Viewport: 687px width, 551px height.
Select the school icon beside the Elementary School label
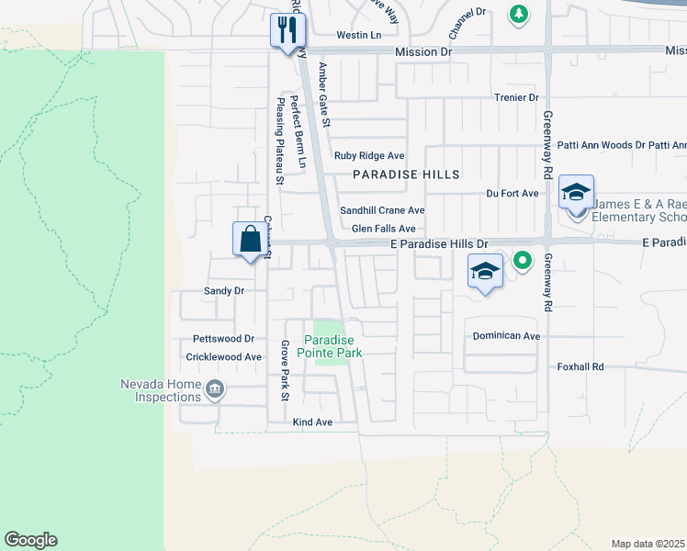[576, 192]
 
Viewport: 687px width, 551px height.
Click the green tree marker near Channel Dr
[519, 14]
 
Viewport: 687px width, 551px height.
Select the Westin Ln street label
[358, 35]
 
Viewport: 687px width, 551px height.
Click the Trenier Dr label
[516, 97]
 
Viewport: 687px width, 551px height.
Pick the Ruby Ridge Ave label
[369, 156]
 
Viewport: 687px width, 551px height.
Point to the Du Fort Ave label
[512, 194]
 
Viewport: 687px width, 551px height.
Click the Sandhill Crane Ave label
[382, 210]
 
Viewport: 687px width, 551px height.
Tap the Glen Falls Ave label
[383, 229]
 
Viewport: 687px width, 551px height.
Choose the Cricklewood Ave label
[224, 356]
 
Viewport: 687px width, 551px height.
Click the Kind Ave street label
[311, 422]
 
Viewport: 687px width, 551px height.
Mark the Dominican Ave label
[506, 336]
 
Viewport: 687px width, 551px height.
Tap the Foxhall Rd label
[580, 366]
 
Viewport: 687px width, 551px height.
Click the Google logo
[30, 540]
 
